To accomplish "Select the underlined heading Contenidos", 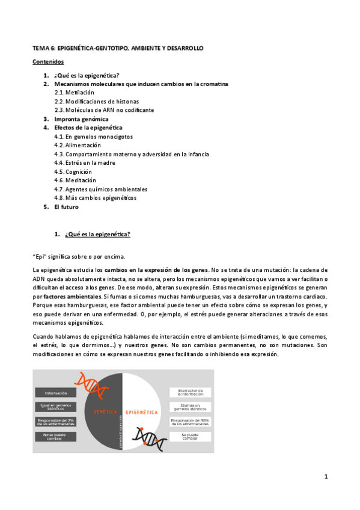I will (x=48, y=61).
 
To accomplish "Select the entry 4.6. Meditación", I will (x=75, y=180).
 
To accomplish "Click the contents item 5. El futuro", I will (x=65, y=207).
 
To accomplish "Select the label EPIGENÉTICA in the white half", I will (x=142, y=413).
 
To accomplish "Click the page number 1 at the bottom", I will (x=325, y=477).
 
